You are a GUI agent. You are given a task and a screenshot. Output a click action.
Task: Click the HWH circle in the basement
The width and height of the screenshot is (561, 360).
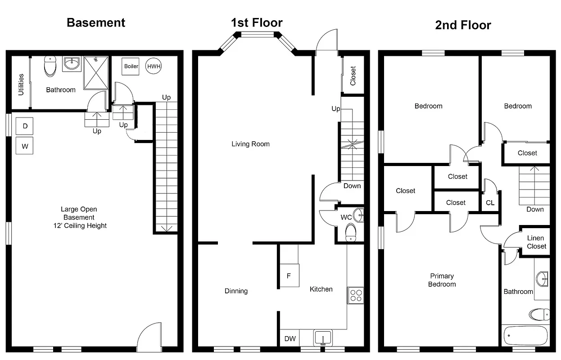(x=154, y=66)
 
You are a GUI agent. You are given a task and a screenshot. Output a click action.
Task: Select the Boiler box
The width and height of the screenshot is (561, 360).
(x=131, y=66)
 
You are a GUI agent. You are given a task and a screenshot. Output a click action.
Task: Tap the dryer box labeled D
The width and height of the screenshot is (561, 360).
(x=25, y=126)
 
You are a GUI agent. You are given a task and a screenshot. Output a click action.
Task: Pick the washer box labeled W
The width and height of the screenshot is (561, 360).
(x=25, y=146)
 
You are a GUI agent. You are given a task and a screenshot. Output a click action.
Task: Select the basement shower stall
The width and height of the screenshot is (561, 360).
(x=96, y=73)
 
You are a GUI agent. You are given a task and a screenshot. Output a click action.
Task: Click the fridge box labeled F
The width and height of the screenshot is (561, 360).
(x=289, y=276)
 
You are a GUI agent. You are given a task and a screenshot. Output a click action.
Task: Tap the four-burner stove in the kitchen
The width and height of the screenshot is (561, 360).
(x=355, y=295)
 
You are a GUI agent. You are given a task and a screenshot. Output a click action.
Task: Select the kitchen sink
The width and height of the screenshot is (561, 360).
(x=323, y=337)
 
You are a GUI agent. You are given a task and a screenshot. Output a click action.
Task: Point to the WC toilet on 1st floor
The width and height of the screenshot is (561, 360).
(x=350, y=232)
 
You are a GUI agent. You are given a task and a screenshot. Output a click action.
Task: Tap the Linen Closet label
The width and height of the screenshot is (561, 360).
(x=536, y=242)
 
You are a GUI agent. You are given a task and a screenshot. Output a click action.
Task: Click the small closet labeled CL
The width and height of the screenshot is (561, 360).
(x=490, y=203)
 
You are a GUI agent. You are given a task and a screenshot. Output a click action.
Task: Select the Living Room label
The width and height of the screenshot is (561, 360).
(x=250, y=144)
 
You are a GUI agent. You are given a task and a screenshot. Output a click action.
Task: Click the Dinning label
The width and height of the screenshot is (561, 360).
(x=236, y=291)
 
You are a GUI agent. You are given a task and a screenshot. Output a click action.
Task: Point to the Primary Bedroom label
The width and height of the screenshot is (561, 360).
(x=442, y=280)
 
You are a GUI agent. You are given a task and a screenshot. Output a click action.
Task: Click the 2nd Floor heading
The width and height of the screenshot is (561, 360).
(x=463, y=25)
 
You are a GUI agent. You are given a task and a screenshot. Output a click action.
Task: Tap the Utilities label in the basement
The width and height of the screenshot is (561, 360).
(x=21, y=85)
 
